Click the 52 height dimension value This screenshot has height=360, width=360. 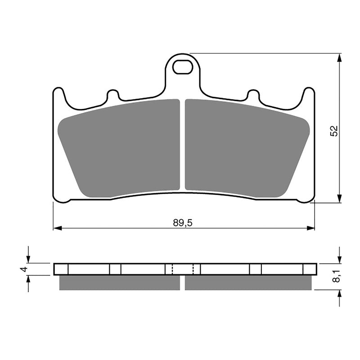click(x=333, y=131)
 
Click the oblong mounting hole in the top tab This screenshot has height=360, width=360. click(x=182, y=67)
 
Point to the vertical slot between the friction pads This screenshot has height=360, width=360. click(x=182, y=144)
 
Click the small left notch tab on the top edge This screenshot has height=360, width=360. click(x=112, y=95)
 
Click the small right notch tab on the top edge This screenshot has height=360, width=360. click(x=253, y=95)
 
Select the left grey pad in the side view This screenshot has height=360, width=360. click(x=119, y=283)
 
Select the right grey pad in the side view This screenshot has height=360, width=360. click(x=248, y=283)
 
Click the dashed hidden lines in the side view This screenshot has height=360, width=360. click(x=183, y=269)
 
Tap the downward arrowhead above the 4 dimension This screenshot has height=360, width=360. click(x=28, y=259)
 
